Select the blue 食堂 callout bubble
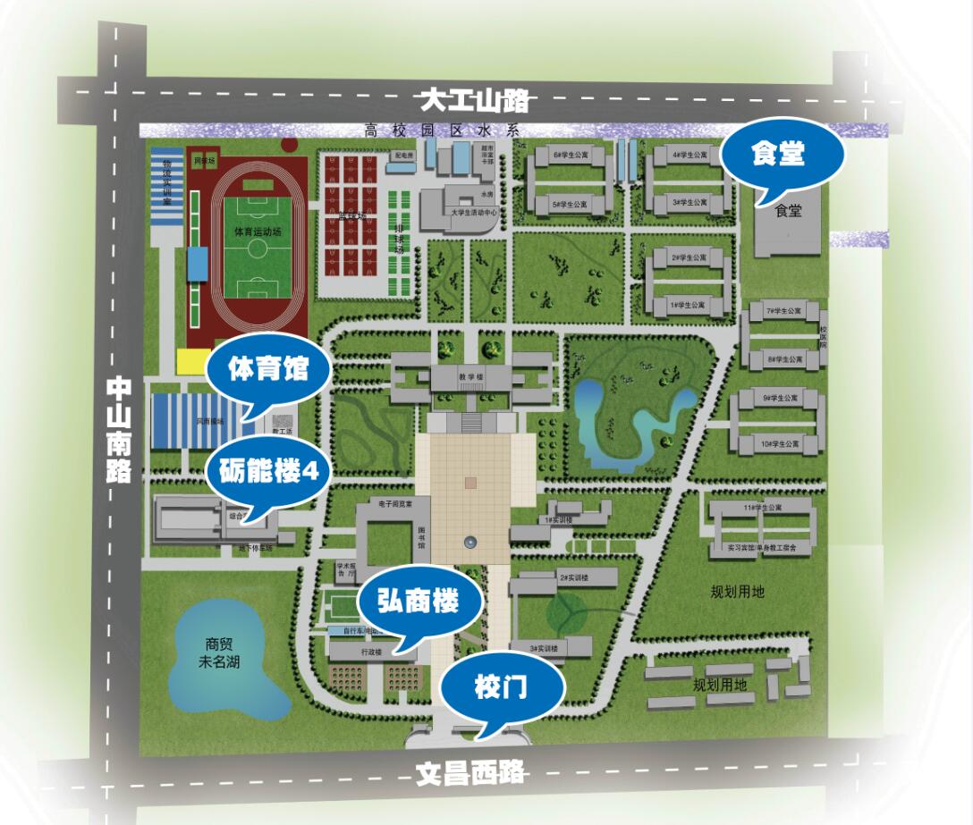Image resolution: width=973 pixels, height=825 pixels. tap(777, 155)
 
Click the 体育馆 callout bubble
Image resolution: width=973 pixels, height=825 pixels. tap(268, 369)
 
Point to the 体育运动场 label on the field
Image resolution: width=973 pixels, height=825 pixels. tap(258, 231)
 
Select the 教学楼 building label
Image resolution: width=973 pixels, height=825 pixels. tap(471, 377)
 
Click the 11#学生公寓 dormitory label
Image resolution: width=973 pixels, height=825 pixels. tap(762, 508)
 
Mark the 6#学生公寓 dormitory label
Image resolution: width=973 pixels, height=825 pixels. tap(570, 155)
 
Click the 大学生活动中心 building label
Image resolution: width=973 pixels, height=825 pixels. tap(474, 213)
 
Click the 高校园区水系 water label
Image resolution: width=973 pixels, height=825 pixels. tap(442, 130)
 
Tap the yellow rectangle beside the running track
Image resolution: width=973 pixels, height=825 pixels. tap(190, 361)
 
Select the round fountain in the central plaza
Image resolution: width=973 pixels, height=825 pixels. tap(470, 542)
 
